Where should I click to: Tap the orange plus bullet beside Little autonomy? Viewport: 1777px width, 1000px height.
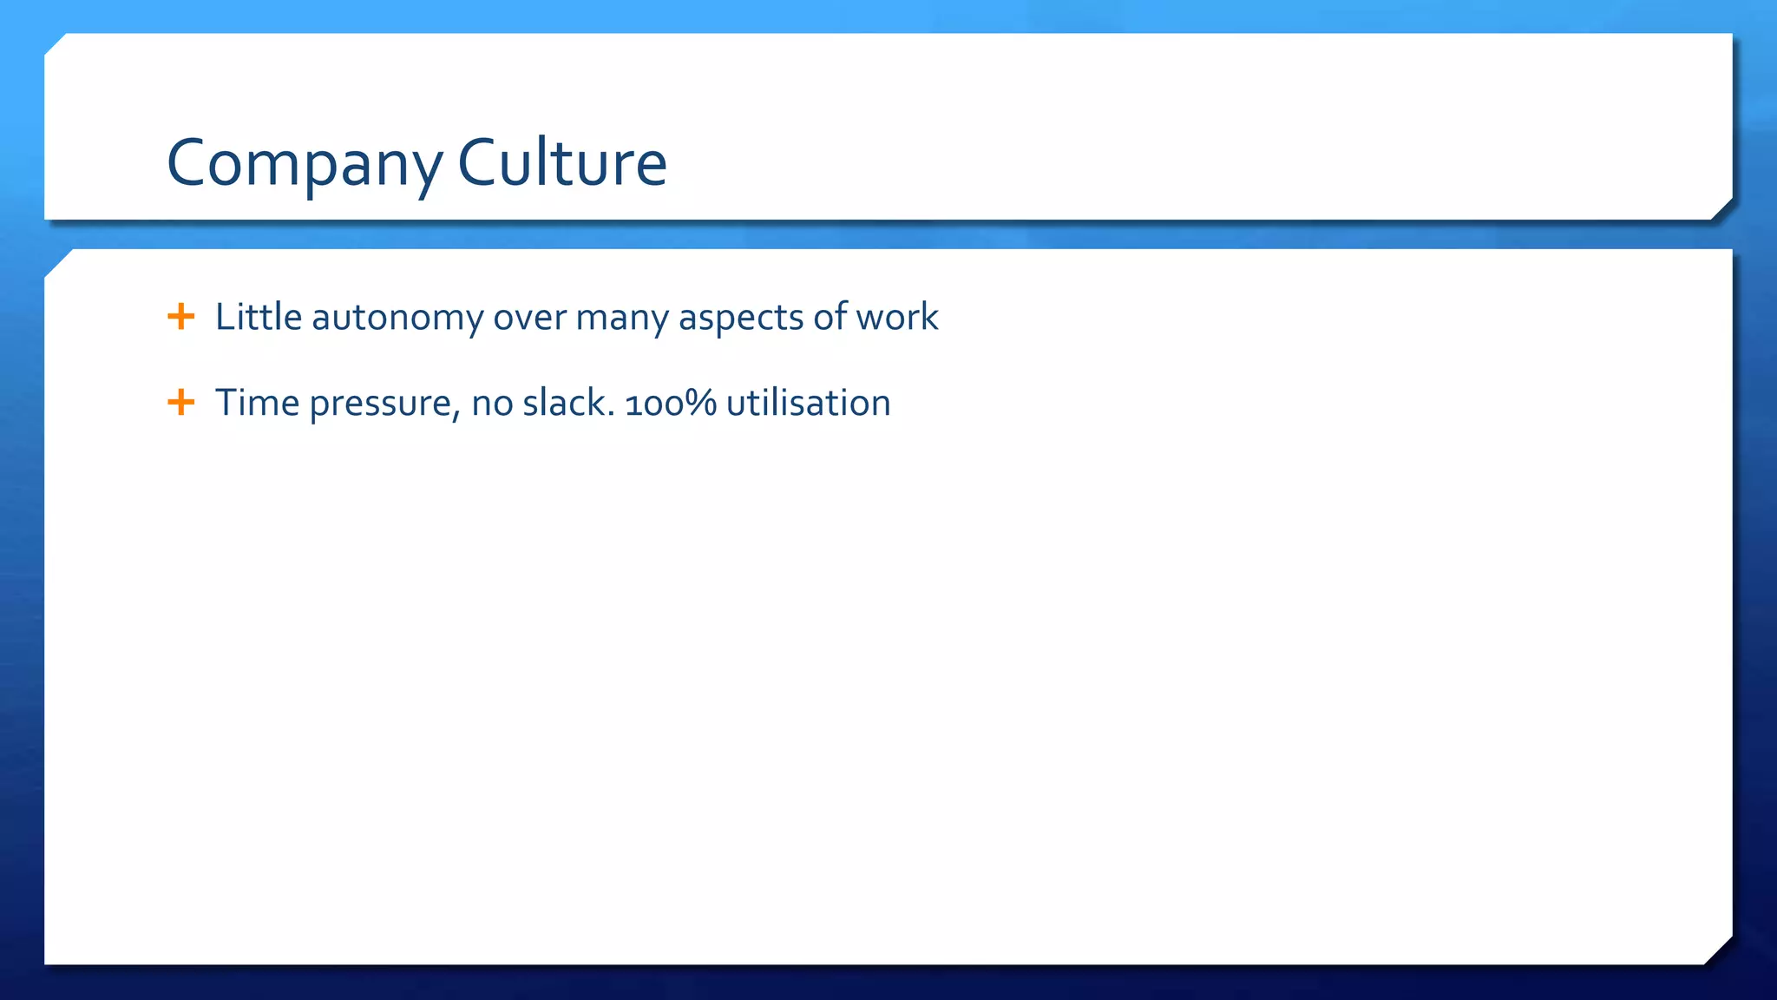pos(180,316)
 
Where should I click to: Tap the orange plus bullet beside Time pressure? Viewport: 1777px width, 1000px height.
pos(180,402)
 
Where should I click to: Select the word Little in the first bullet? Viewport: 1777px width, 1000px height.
pos(259,317)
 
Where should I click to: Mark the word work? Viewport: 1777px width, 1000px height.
pos(897,317)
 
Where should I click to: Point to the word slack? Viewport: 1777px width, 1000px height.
pos(568,403)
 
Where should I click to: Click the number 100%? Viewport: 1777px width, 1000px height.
pos(671,403)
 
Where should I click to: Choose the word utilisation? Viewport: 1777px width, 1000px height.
pos(808,403)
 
